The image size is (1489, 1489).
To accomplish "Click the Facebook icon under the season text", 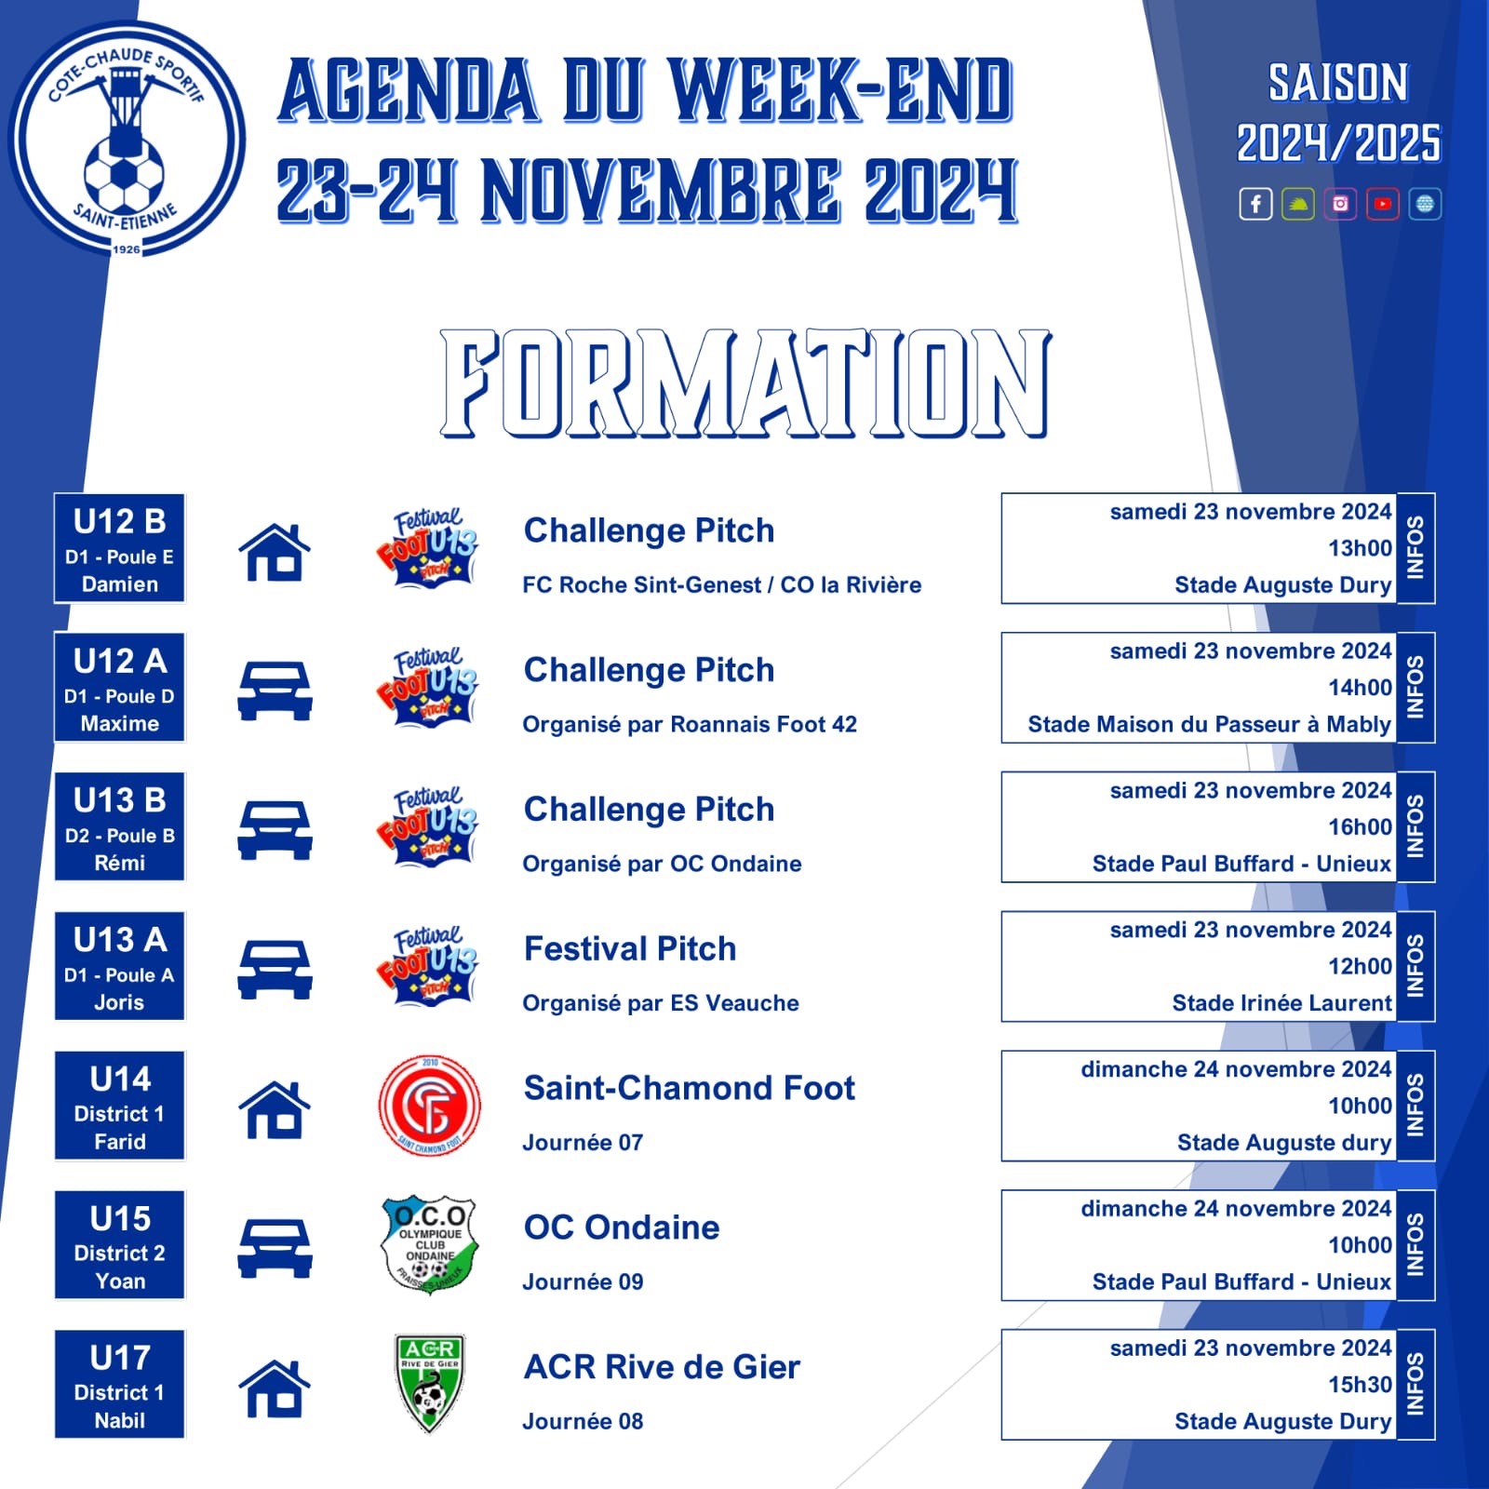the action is tap(1255, 204).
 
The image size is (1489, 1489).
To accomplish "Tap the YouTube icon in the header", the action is tap(1383, 204).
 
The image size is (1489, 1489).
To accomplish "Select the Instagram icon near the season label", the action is tap(1340, 204).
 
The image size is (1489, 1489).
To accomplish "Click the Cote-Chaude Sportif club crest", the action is tap(127, 140).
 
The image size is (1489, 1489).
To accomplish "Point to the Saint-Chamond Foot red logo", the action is tap(430, 1106).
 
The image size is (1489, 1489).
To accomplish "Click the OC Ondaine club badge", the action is tap(430, 1245).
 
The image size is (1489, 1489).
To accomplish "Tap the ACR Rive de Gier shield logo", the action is tap(430, 1384).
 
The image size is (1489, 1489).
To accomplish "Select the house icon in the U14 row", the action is tap(275, 1109).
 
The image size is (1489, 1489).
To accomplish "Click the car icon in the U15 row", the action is tap(275, 1248).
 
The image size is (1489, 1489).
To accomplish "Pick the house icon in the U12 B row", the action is tap(275, 552).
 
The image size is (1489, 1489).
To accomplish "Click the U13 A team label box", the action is tap(120, 966).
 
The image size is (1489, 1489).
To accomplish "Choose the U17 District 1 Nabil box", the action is tap(120, 1384).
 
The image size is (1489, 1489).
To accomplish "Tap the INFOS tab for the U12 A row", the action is tap(1415, 688).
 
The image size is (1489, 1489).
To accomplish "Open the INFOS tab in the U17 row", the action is tap(1415, 1385).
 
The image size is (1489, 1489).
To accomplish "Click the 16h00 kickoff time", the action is tap(1360, 827).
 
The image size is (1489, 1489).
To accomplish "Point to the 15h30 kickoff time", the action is tap(1360, 1385).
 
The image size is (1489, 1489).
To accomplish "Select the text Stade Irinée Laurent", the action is tap(1281, 1003).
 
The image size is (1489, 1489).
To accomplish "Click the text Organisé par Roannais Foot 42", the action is tap(690, 725).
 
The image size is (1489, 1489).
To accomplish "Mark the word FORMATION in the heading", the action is tap(745, 382).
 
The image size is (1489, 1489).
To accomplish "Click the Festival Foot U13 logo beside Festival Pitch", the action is tap(428, 966).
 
